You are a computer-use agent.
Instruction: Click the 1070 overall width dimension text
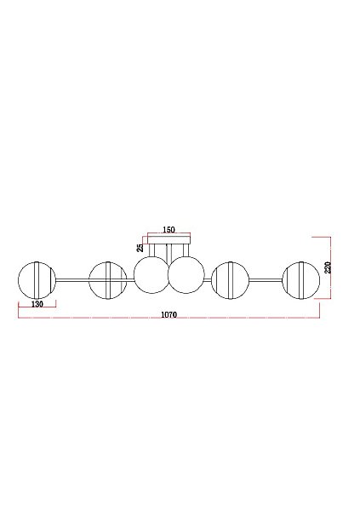coord(169,314)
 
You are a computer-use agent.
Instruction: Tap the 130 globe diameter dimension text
coord(37,304)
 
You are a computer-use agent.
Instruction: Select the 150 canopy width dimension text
coord(169,230)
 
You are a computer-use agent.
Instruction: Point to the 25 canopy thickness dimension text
coord(140,248)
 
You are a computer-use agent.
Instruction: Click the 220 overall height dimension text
coord(328,267)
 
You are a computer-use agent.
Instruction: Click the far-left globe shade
coord(20,280)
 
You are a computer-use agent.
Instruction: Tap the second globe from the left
coord(90,280)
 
